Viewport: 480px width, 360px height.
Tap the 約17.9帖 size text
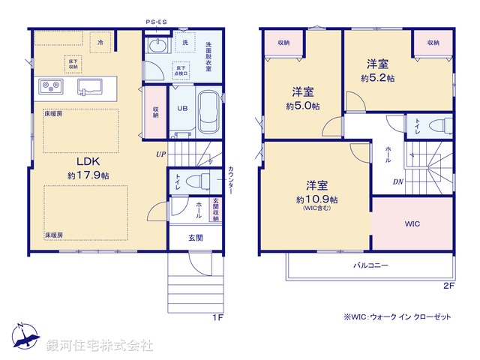pyautogui.click(x=87, y=175)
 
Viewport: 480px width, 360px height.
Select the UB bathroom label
pyautogui.click(x=181, y=107)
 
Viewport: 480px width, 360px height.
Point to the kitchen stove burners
pyautogui.click(x=49, y=87)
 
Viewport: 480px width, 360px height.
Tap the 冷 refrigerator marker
pyautogui.click(x=100, y=43)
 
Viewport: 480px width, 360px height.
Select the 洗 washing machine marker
pyautogui.click(x=184, y=42)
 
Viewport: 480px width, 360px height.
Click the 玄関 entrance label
pyautogui.click(x=195, y=238)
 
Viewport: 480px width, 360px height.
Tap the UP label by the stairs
pyautogui.click(x=160, y=154)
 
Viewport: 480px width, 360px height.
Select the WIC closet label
pyautogui.click(x=412, y=223)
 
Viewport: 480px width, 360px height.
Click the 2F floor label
pyautogui.click(x=448, y=286)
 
